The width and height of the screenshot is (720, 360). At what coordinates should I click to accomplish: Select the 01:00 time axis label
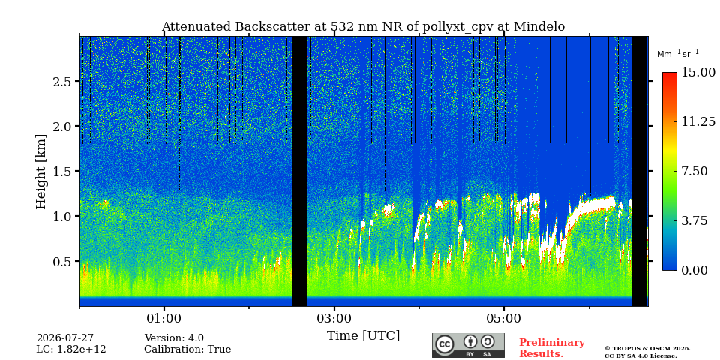pyautogui.click(x=164, y=318)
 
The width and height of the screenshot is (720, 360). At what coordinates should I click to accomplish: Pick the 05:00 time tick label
pyautogui.click(x=504, y=318)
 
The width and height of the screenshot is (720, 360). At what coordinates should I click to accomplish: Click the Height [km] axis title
pyautogui.click(x=41, y=172)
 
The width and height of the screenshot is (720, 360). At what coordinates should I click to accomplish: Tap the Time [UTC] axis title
pyautogui.click(x=363, y=336)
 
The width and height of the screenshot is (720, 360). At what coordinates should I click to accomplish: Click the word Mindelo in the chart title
pyautogui.click(x=539, y=27)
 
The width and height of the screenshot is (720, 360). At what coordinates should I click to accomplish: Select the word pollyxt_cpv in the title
pyautogui.click(x=460, y=28)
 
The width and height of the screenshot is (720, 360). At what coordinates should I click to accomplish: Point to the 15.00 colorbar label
pyautogui.click(x=698, y=73)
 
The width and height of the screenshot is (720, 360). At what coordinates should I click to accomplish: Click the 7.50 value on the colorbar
pyautogui.click(x=694, y=171)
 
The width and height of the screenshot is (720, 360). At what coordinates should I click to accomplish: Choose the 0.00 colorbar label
pyautogui.click(x=694, y=270)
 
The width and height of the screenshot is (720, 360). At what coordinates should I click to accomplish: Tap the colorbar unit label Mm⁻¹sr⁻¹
pyautogui.click(x=678, y=54)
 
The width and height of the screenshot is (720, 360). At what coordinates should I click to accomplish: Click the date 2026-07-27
pyautogui.click(x=65, y=338)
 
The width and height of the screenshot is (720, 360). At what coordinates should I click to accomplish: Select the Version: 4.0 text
pyautogui.click(x=174, y=338)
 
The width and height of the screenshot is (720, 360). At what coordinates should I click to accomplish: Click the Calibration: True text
pyautogui.click(x=187, y=349)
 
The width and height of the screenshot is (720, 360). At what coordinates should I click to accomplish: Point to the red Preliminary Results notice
pyautogui.click(x=552, y=348)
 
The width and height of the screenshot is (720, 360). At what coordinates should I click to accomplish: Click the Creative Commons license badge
pyautogui.click(x=468, y=345)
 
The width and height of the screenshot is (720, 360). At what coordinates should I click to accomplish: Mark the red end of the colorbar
pyautogui.click(x=670, y=74)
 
